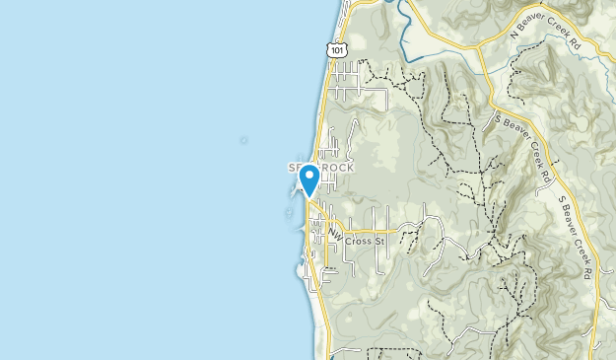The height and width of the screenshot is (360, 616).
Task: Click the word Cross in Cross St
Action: pyautogui.click(x=358, y=241)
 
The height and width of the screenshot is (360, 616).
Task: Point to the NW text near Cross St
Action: pyautogui.click(x=335, y=235)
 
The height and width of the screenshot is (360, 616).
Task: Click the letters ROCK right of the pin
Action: pyautogui.click(x=334, y=168)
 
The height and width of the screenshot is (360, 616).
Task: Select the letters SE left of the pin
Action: pyautogui.click(x=295, y=168)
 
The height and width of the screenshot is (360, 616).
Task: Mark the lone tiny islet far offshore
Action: pyautogui.click(x=243, y=140)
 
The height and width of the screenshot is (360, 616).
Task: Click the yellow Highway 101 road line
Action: pyautogui.click(x=323, y=108)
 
